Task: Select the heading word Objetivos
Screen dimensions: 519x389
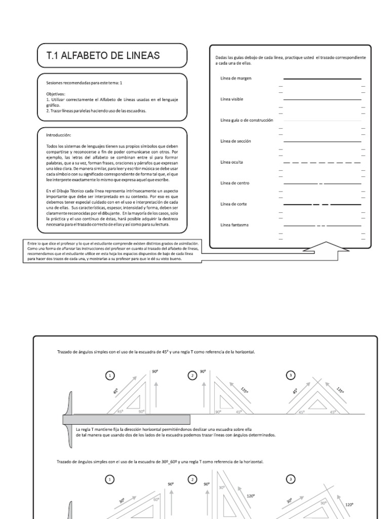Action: (56, 94)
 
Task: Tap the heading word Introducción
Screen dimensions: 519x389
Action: (59, 135)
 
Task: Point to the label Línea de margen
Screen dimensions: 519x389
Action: (236, 79)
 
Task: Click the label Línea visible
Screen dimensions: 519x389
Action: (232, 99)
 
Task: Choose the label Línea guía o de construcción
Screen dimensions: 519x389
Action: (247, 120)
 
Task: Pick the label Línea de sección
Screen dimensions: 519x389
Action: (236, 141)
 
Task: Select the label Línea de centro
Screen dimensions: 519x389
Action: (235, 182)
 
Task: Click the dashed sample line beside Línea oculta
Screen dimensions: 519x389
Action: (322, 162)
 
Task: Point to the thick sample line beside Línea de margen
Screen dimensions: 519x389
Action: (322, 79)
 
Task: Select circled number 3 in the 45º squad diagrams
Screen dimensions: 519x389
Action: (290, 376)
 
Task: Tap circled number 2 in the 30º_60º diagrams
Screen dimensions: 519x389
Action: (192, 479)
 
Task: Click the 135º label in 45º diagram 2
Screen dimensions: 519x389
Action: (245, 390)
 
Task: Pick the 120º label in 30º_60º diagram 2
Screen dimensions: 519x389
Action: (250, 496)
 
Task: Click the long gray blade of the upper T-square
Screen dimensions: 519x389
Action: (127, 419)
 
